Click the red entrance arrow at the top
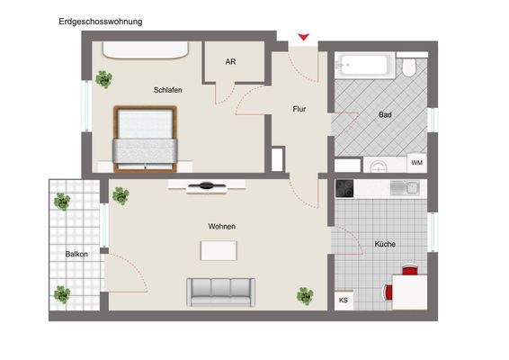tap(304, 37)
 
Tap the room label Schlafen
tap(168, 90)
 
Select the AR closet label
tap(230, 61)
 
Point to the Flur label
tap(299, 109)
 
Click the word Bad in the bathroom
tap(385, 114)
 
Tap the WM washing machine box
tap(416, 163)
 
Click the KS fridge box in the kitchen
tap(344, 301)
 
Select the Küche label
tap(385, 244)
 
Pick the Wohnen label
tap(221, 227)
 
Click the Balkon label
tap(76, 254)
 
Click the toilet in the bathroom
tap(409, 67)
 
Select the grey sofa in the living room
tap(220, 291)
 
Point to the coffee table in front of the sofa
tap(219, 252)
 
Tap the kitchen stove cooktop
tap(347, 188)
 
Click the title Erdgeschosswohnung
tap(100, 20)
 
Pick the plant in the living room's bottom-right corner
tap(305, 293)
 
